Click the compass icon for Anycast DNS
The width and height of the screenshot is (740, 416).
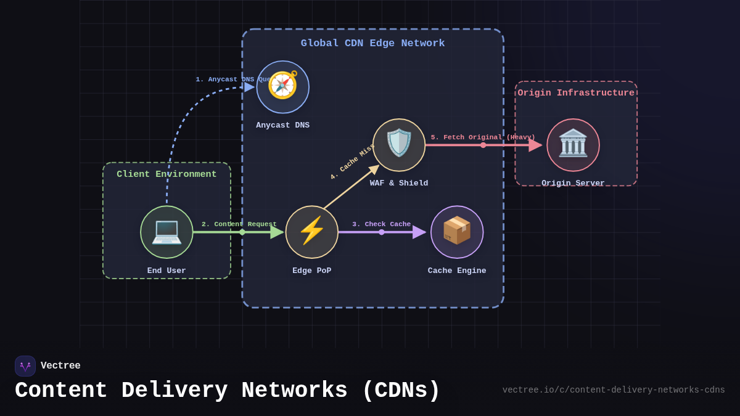click(282, 86)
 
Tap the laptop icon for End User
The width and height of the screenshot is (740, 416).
click(166, 232)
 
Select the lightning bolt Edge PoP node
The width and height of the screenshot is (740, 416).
click(312, 232)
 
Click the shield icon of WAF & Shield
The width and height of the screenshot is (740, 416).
click(399, 144)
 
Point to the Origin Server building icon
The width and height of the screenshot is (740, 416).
click(573, 144)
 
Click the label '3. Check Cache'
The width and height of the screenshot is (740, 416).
click(381, 224)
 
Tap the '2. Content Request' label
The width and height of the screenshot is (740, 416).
click(239, 224)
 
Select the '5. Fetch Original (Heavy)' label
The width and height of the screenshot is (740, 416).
click(483, 137)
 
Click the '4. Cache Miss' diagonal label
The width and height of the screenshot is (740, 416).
click(352, 162)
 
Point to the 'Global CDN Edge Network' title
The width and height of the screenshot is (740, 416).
click(372, 43)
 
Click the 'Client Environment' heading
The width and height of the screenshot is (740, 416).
click(166, 174)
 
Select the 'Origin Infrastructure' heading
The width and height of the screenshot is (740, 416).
click(576, 93)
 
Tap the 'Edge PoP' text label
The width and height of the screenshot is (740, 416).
click(311, 271)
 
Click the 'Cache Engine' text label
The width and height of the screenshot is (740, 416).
click(457, 271)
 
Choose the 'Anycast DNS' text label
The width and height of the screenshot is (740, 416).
click(282, 125)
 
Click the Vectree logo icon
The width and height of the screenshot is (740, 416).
click(25, 366)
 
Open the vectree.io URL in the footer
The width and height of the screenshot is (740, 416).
click(613, 390)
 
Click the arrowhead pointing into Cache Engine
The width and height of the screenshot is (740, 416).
click(419, 232)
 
